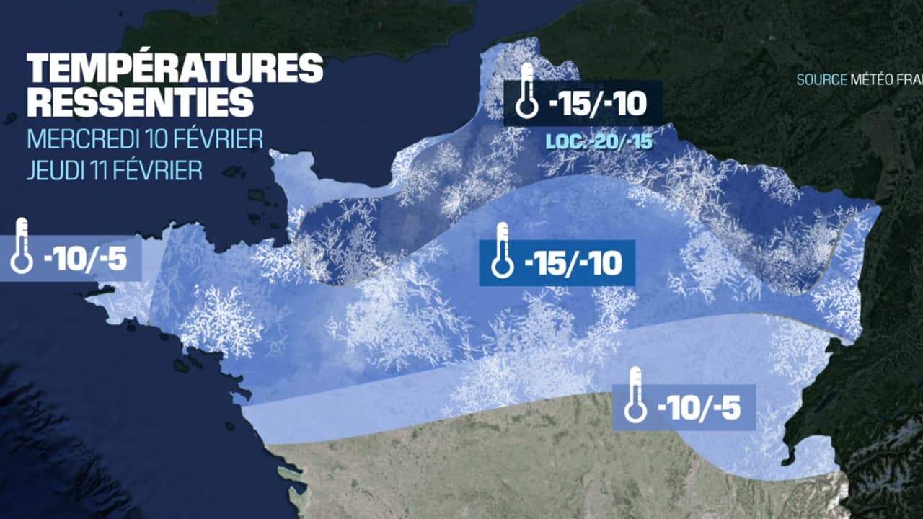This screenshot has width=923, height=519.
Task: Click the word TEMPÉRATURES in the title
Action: point(175,69)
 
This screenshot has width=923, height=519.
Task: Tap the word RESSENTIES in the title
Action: point(141,102)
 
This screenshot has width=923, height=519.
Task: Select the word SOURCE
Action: point(821,80)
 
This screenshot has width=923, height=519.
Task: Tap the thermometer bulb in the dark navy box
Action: point(527,109)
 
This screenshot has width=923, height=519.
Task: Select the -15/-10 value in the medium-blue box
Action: point(574,264)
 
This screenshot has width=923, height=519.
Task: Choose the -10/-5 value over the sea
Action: point(87,258)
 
